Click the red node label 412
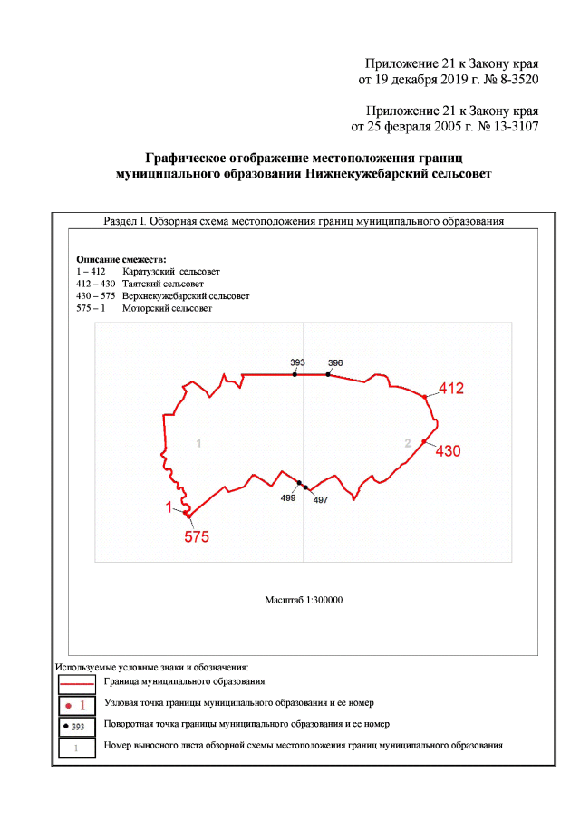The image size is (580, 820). point(451,389)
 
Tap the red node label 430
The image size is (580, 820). point(449,450)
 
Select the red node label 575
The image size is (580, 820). point(197,536)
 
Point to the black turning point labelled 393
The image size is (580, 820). point(295,374)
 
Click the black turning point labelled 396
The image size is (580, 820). point(328,374)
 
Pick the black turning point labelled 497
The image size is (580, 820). point(306,487)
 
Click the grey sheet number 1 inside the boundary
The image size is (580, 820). point(198,443)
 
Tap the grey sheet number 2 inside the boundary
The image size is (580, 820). point(408,442)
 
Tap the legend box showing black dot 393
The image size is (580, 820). point(77,726)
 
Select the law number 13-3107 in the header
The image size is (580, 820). point(509,126)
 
